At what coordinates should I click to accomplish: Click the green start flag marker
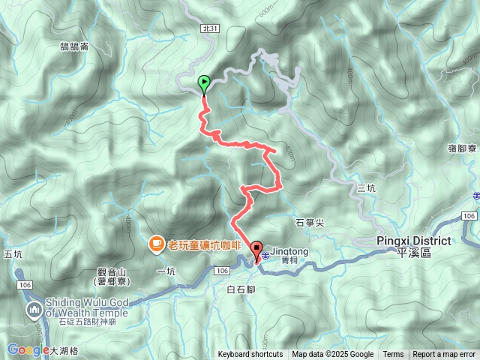pyautogui.click(x=203, y=84)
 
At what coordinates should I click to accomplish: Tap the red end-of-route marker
pyautogui.click(x=256, y=250)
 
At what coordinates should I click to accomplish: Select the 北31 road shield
pyautogui.click(x=210, y=28)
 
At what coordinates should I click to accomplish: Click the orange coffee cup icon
pyautogui.click(x=156, y=243)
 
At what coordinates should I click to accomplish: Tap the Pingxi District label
pyautogui.click(x=413, y=241)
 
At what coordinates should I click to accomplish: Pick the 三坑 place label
pyautogui.click(x=366, y=188)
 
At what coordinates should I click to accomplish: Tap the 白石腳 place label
pyautogui.click(x=241, y=289)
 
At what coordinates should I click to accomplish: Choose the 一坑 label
pyautogui.click(x=166, y=271)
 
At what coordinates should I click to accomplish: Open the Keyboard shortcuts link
pyautogui.click(x=250, y=355)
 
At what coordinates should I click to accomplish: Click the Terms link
pyautogui.click(x=393, y=355)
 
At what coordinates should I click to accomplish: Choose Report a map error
pyautogui.click(x=445, y=355)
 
